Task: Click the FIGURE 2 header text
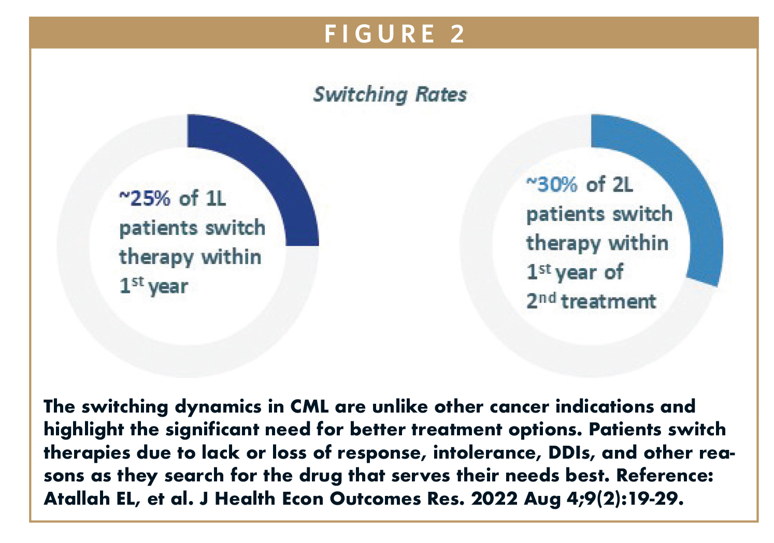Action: (394, 34)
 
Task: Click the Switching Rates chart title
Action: (390, 95)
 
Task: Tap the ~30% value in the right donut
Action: (552, 185)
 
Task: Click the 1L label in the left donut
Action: (216, 199)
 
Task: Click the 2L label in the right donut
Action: (622, 185)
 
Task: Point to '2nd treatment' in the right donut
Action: (591, 301)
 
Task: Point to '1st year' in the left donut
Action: (153, 286)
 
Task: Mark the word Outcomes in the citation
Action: (378, 498)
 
